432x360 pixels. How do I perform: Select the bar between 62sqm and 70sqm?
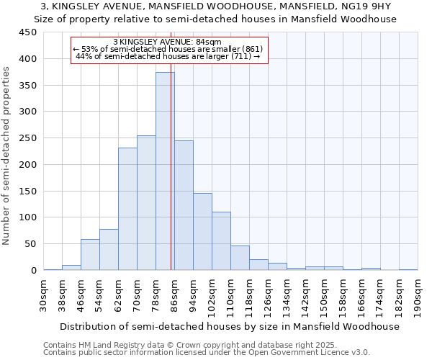coord(127,209)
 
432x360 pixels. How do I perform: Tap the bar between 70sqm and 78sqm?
coord(146,203)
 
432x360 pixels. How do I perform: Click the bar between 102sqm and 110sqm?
coord(221,241)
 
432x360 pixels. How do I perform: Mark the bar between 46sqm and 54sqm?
coord(90,255)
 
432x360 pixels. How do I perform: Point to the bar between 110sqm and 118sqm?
coord(240,258)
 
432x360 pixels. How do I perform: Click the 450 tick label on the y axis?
coord(28,32)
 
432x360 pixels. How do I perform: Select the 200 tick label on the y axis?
coord(28,165)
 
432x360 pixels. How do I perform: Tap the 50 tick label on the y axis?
coord(31,244)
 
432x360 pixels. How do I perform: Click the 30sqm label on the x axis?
coord(43,295)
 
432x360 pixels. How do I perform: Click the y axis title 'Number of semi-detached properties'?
coord(7,156)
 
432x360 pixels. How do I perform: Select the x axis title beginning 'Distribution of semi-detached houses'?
coord(230,326)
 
